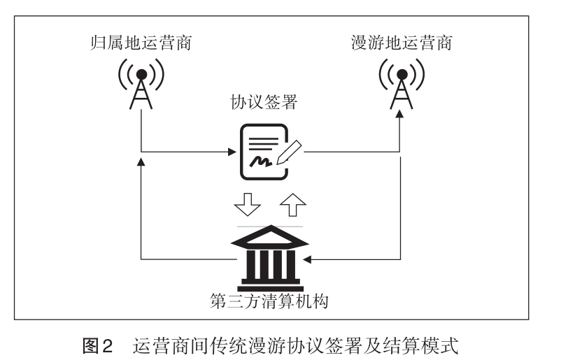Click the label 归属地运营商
[x=141, y=43]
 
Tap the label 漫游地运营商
[x=401, y=43]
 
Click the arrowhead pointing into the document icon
[x=233, y=151]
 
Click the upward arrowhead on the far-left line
[x=141, y=162]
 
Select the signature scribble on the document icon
[x=261, y=163]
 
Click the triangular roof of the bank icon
[x=269, y=236]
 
